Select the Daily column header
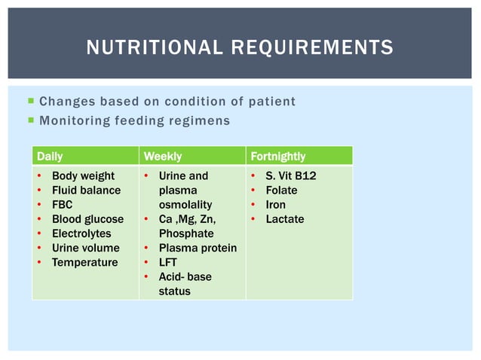[50, 157]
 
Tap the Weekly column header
[162, 157]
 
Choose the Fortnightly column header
[277, 157]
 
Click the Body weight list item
[83, 176]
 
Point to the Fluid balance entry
[85, 191]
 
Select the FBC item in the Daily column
[62, 205]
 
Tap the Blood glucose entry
[87, 219]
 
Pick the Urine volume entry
[85, 248]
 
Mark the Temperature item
[84, 262]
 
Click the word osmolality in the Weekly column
[185, 205]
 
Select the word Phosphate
[185, 233]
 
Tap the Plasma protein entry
[198, 248]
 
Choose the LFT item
[167, 262]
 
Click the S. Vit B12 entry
[291, 176]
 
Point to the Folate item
[281, 191]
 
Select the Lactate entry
[284, 219]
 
